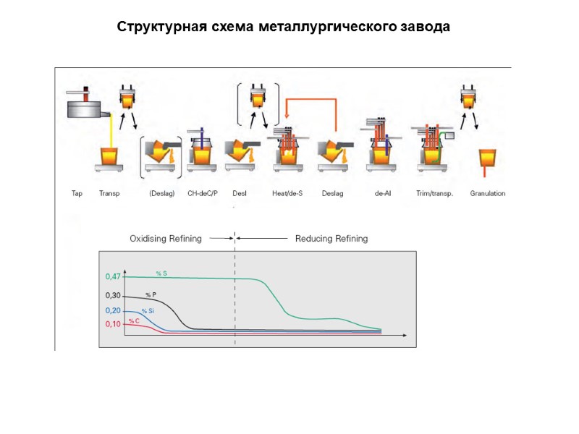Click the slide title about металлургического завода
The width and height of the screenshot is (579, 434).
(284, 27)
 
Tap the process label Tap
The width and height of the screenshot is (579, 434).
(77, 194)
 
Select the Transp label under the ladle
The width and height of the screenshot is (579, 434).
(109, 194)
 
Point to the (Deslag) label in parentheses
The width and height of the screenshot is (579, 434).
(162, 194)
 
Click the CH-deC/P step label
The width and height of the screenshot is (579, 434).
(203, 194)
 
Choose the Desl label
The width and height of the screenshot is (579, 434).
(240, 194)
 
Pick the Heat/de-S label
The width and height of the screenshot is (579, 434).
(287, 194)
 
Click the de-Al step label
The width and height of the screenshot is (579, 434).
(384, 194)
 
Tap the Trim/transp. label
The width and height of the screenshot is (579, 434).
(435, 194)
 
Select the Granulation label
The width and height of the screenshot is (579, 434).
(488, 194)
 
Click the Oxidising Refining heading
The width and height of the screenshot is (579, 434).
(165, 239)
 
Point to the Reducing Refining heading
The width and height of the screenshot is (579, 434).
(331, 239)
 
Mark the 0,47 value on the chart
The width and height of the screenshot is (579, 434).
(113, 276)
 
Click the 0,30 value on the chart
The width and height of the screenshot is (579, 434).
(113, 296)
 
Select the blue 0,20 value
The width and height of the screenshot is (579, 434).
(113, 310)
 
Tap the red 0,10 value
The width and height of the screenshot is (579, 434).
(113, 324)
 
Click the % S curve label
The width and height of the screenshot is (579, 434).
(161, 273)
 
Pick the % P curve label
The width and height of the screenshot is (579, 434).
(151, 294)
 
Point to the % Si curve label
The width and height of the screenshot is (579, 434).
(148, 310)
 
